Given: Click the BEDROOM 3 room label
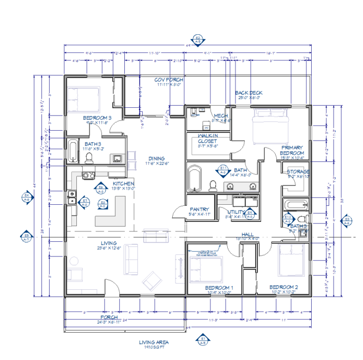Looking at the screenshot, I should click(x=97, y=118).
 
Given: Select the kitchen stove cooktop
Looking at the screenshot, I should click(x=88, y=175).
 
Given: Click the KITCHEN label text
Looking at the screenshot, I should click(x=123, y=184).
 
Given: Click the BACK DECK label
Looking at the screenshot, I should click(x=249, y=93).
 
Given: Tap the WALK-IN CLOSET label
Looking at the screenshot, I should click(x=208, y=138).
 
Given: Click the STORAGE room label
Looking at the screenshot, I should click(x=298, y=172).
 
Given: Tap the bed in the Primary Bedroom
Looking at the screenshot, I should click(x=270, y=126).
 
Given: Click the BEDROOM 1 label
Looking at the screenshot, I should click(x=219, y=288).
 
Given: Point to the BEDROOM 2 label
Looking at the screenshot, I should click(x=283, y=286).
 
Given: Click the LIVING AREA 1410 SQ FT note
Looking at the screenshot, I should click(x=154, y=344).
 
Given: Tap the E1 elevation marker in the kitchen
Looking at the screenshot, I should click(x=85, y=201).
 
